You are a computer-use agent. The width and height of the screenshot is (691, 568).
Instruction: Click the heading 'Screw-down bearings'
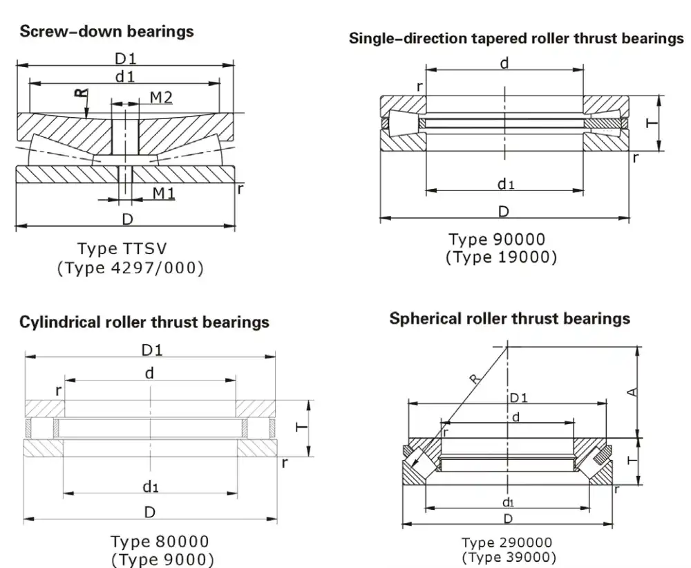[x=106, y=32]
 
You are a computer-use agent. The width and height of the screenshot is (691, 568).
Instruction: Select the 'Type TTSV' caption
[x=122, y=248]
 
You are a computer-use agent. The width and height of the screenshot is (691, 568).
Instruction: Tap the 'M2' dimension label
[x=161, y=98]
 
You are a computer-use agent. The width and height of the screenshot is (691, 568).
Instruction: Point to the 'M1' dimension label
[x=163, y=193]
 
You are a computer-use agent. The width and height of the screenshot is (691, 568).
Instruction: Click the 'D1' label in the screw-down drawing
[x=126, y=59]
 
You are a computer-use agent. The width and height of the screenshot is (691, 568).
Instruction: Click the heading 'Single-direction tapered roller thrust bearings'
[x=515, y=38]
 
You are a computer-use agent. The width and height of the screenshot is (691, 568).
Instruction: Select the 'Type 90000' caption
[x=496, y=239]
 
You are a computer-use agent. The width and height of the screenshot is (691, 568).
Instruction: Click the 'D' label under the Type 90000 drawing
[x=504, y=210]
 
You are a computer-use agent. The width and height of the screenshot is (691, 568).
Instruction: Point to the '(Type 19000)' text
[x=500, y=257]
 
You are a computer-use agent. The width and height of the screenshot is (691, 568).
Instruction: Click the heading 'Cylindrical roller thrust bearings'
[x=144, y=322]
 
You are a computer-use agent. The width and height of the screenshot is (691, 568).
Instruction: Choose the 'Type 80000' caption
[x=160, y=540]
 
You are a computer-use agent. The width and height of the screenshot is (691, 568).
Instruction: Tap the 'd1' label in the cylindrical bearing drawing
[x=151, y=487]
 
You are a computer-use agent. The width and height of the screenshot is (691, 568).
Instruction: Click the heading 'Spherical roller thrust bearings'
[x=509, y=318]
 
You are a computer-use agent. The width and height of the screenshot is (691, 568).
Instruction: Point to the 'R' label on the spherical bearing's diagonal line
[x=473, y=378]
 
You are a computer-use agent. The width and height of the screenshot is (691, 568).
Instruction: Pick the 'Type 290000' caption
[x=507, y=543]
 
